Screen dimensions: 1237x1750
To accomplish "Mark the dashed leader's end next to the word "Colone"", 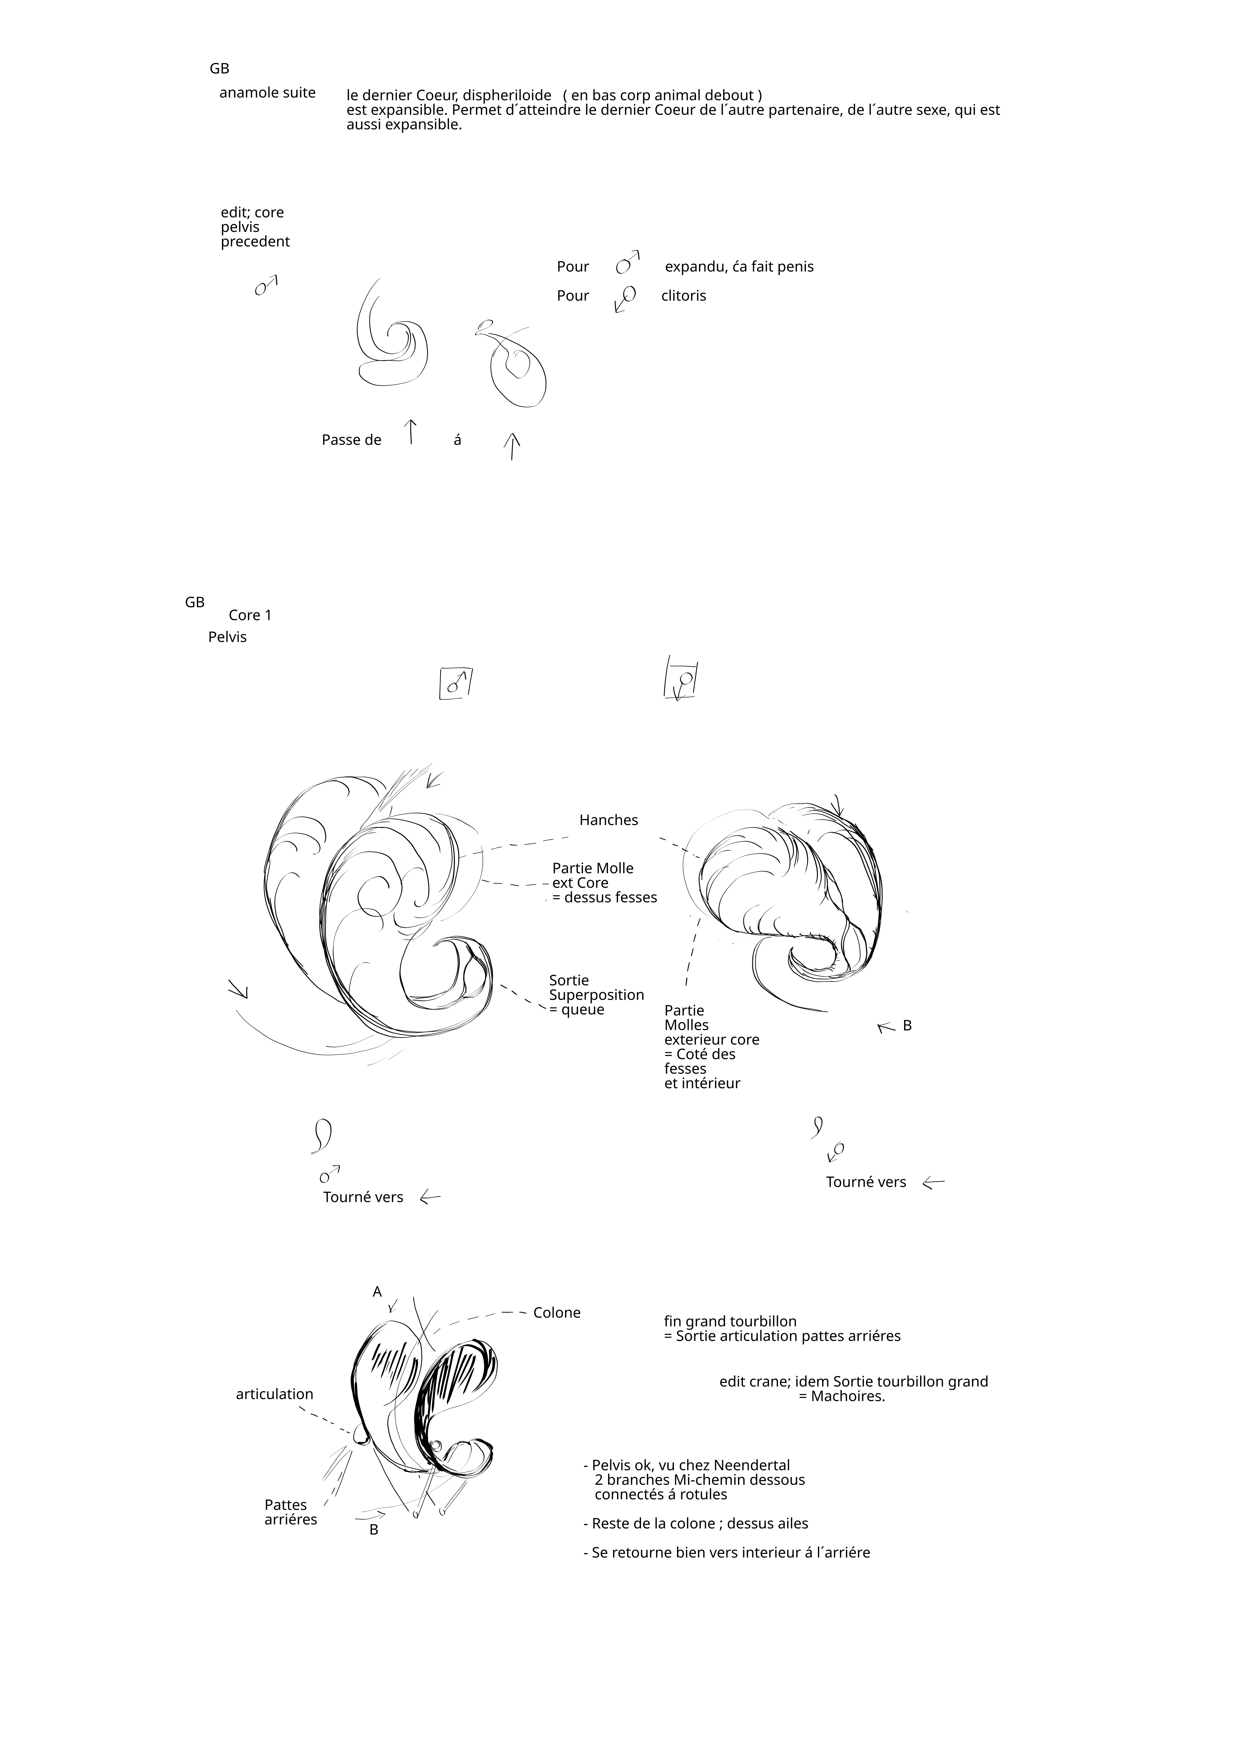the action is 526,1313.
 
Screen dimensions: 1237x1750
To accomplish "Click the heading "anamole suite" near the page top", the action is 268,93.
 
